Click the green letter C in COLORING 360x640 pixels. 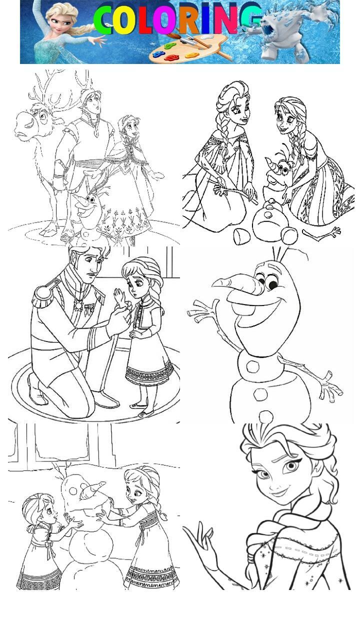point(102,20)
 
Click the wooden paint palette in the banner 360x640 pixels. point(188,49)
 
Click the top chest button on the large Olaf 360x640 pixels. point(252,366)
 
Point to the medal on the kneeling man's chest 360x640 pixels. point(78,305)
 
